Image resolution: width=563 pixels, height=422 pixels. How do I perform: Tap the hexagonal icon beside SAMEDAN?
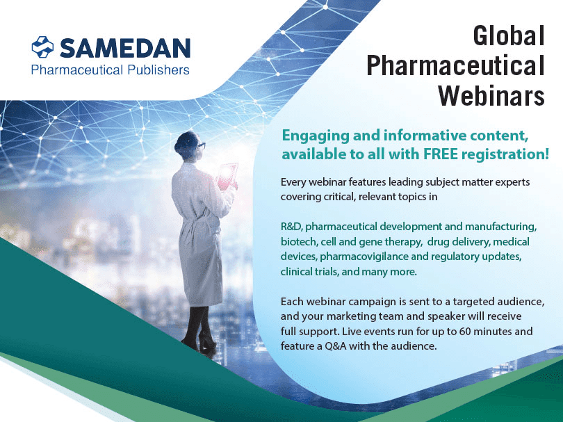coord(42,47)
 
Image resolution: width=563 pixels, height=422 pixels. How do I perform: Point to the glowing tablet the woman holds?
coord(227,175)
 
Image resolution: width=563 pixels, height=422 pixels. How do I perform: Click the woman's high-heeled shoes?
coord(193,343)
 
